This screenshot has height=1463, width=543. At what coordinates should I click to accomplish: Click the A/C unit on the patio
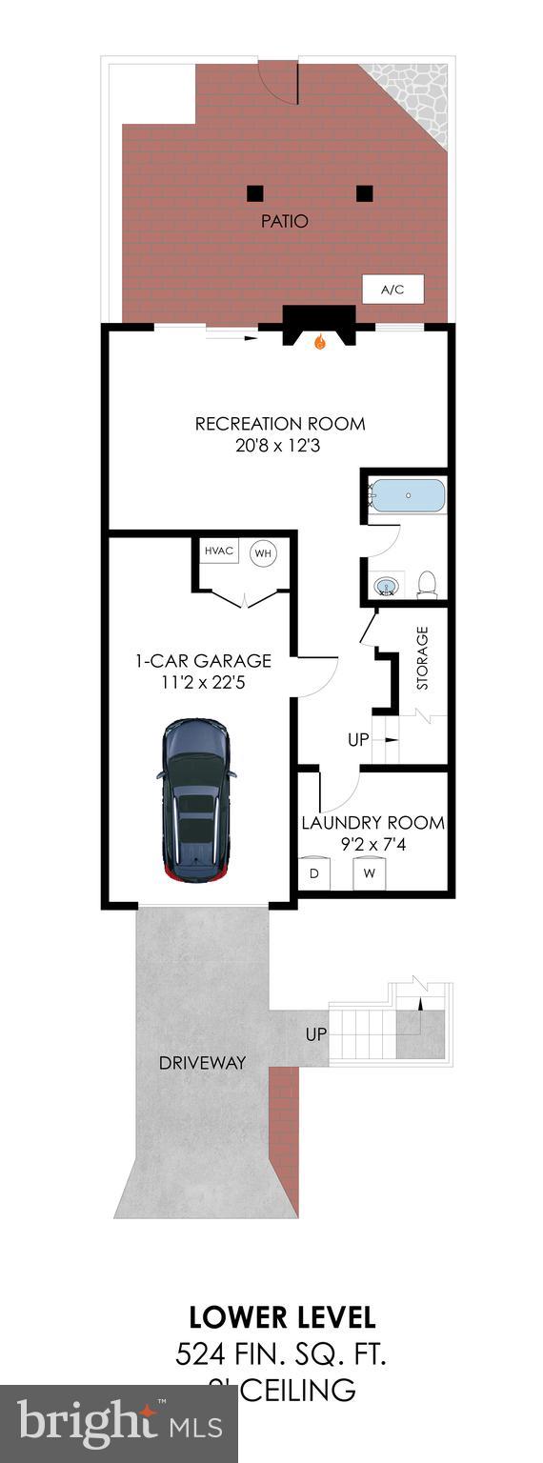pyautogui.click(x=392, y=290)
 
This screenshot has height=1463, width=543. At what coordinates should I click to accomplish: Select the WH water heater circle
pyautogui.click(x=263, y=552)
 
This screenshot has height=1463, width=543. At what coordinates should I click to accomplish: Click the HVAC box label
pyautogui.click(x=218, y=551)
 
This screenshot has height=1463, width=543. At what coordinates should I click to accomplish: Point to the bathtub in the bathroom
pyautogui.click(x=408, y=496)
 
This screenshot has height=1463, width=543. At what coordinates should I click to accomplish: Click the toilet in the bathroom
pyautogui.click(x=428, y=583)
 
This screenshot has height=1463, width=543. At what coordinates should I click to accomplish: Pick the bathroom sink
pyautogui.click(x=387, y=585)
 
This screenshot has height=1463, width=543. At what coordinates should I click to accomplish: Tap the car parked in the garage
pyautogui.click(x=196, y=799)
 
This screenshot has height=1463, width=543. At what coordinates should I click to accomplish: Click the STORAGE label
pyautogui.click(x=422, y=657)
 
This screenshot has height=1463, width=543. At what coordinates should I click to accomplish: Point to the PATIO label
pyautogui.click(x=285, y=221)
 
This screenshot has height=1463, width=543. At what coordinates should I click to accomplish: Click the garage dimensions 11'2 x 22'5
pyautogui.click(x=202, y=682)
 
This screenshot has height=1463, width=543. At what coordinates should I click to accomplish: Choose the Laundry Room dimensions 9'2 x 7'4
pyautogui.click(x=372, y=843)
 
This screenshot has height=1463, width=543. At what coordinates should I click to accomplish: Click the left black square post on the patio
pyautogui.click(x=254, y=193)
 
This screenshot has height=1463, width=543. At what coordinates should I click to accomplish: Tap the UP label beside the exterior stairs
pyautogui.click(x=316, y=1033)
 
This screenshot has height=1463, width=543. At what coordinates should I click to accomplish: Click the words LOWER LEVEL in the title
pyautogui.click(x=282, y=1317)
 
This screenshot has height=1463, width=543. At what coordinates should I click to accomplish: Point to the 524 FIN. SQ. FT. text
pyautogui.click(x=281, y=1353)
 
